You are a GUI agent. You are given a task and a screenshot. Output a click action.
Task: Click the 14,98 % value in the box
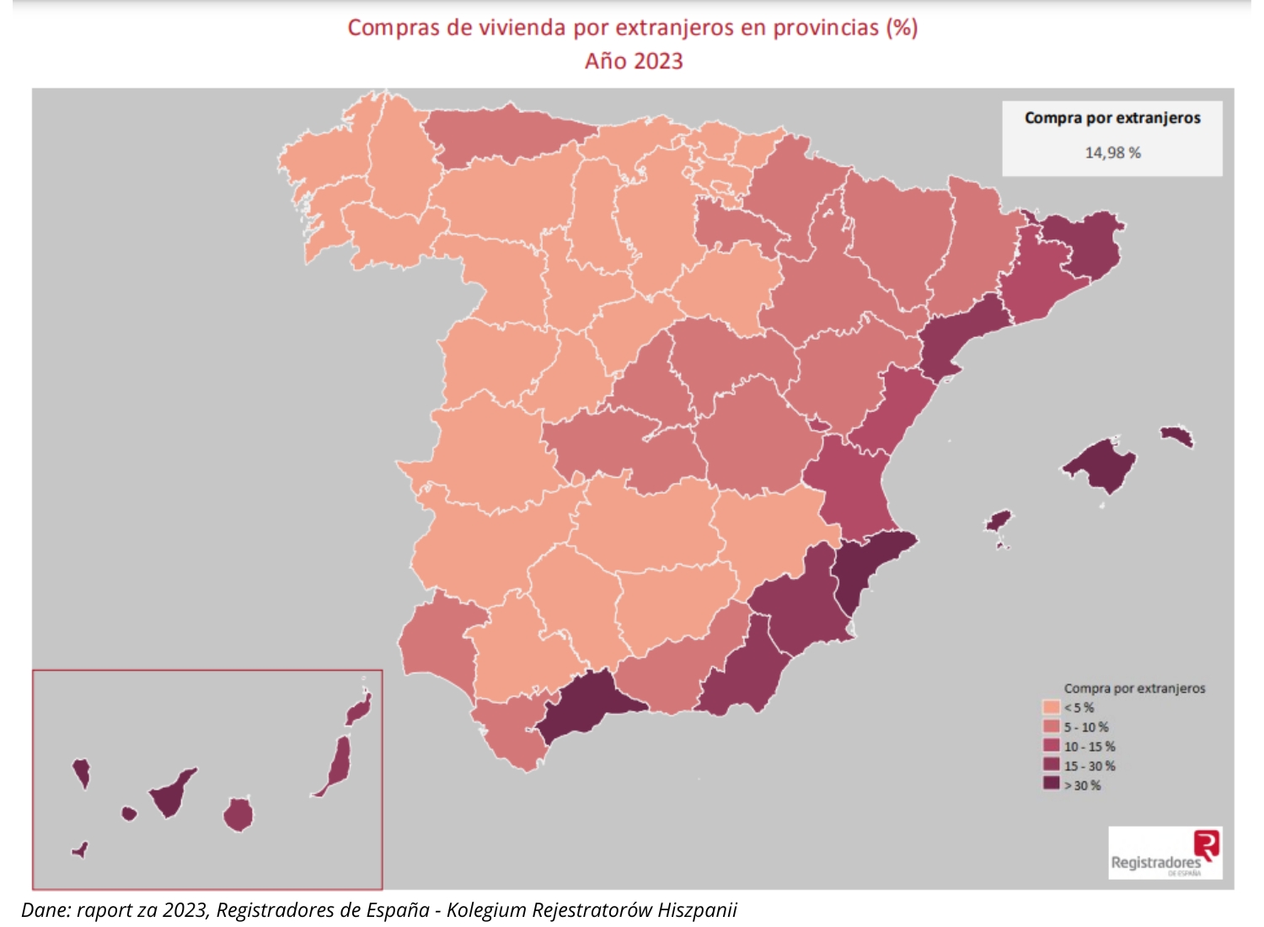[x=1112, y=153]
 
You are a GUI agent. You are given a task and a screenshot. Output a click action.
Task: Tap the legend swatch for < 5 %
[x=1051, y=707]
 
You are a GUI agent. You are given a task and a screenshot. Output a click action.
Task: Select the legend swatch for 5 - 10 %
[x=1051, y=726]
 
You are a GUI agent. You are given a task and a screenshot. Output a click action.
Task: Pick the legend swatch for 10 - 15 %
[x=1051, y=746]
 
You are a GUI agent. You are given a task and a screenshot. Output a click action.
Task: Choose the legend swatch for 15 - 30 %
[x=1051, y=765]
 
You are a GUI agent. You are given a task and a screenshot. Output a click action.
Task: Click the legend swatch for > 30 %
[x=1051, y=785]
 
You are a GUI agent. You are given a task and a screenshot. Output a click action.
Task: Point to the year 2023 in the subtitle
[x=658, y=62]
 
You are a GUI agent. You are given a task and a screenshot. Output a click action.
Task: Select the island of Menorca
[x=1177, y=436]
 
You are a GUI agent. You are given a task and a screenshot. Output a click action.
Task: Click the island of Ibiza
[x=998, y=520]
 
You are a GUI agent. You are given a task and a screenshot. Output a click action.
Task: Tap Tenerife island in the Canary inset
[x=172, y=792]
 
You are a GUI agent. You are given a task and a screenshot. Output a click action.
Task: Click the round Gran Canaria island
[x=238, y=815]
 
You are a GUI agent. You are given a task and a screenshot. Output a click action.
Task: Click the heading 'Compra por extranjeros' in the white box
[x=1112, y=118]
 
